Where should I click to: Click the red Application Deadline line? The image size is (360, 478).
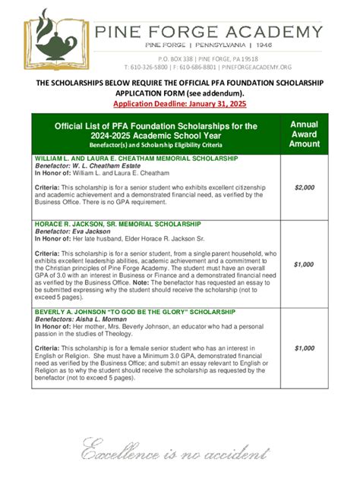pyautogui.click(x=179, y=103)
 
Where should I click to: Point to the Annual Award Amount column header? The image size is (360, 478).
pyautogui.click(x=305, y=134)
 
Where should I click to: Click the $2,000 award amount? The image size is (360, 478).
pyautogui.click(x=304, y=187)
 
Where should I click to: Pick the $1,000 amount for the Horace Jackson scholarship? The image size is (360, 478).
pyautogui.click(x=304, y=264)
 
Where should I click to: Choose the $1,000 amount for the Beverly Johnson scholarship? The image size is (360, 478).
pyautogui.click(x=304, y=347)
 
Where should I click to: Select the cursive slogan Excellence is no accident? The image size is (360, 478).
pyautogui.click(x=168, y=449)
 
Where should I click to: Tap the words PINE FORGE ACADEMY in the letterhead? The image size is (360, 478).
pyautogui.click(x=207, y=31)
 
